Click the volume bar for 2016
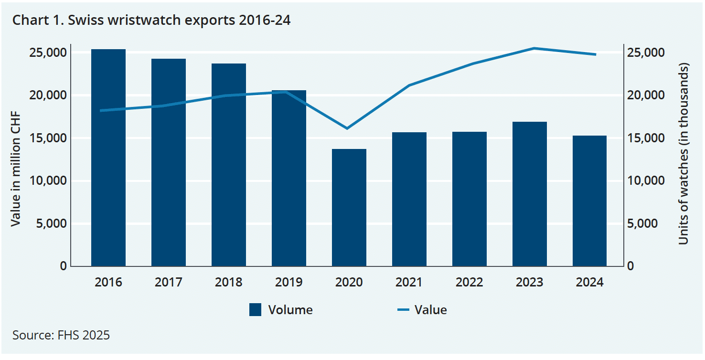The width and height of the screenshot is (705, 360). pos(108,158)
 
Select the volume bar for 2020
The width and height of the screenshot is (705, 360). pos(349,208)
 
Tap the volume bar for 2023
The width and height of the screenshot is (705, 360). pos(530,194)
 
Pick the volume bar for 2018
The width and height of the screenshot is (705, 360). pos(229,165)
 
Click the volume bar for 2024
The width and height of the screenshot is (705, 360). pos(590,201)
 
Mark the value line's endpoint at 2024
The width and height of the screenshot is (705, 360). pos(596,54)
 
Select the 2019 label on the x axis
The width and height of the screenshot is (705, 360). pos(289,282)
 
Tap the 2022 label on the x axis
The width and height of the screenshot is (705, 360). pos(470,282)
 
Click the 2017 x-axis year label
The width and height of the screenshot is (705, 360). pos(169,282)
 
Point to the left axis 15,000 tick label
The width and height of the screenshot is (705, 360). pos(48,138)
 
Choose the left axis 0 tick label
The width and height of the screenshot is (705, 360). pos(63,266)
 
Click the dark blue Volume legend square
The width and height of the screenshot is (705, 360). pos(256,310)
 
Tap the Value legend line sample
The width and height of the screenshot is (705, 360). pos(404,310)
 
